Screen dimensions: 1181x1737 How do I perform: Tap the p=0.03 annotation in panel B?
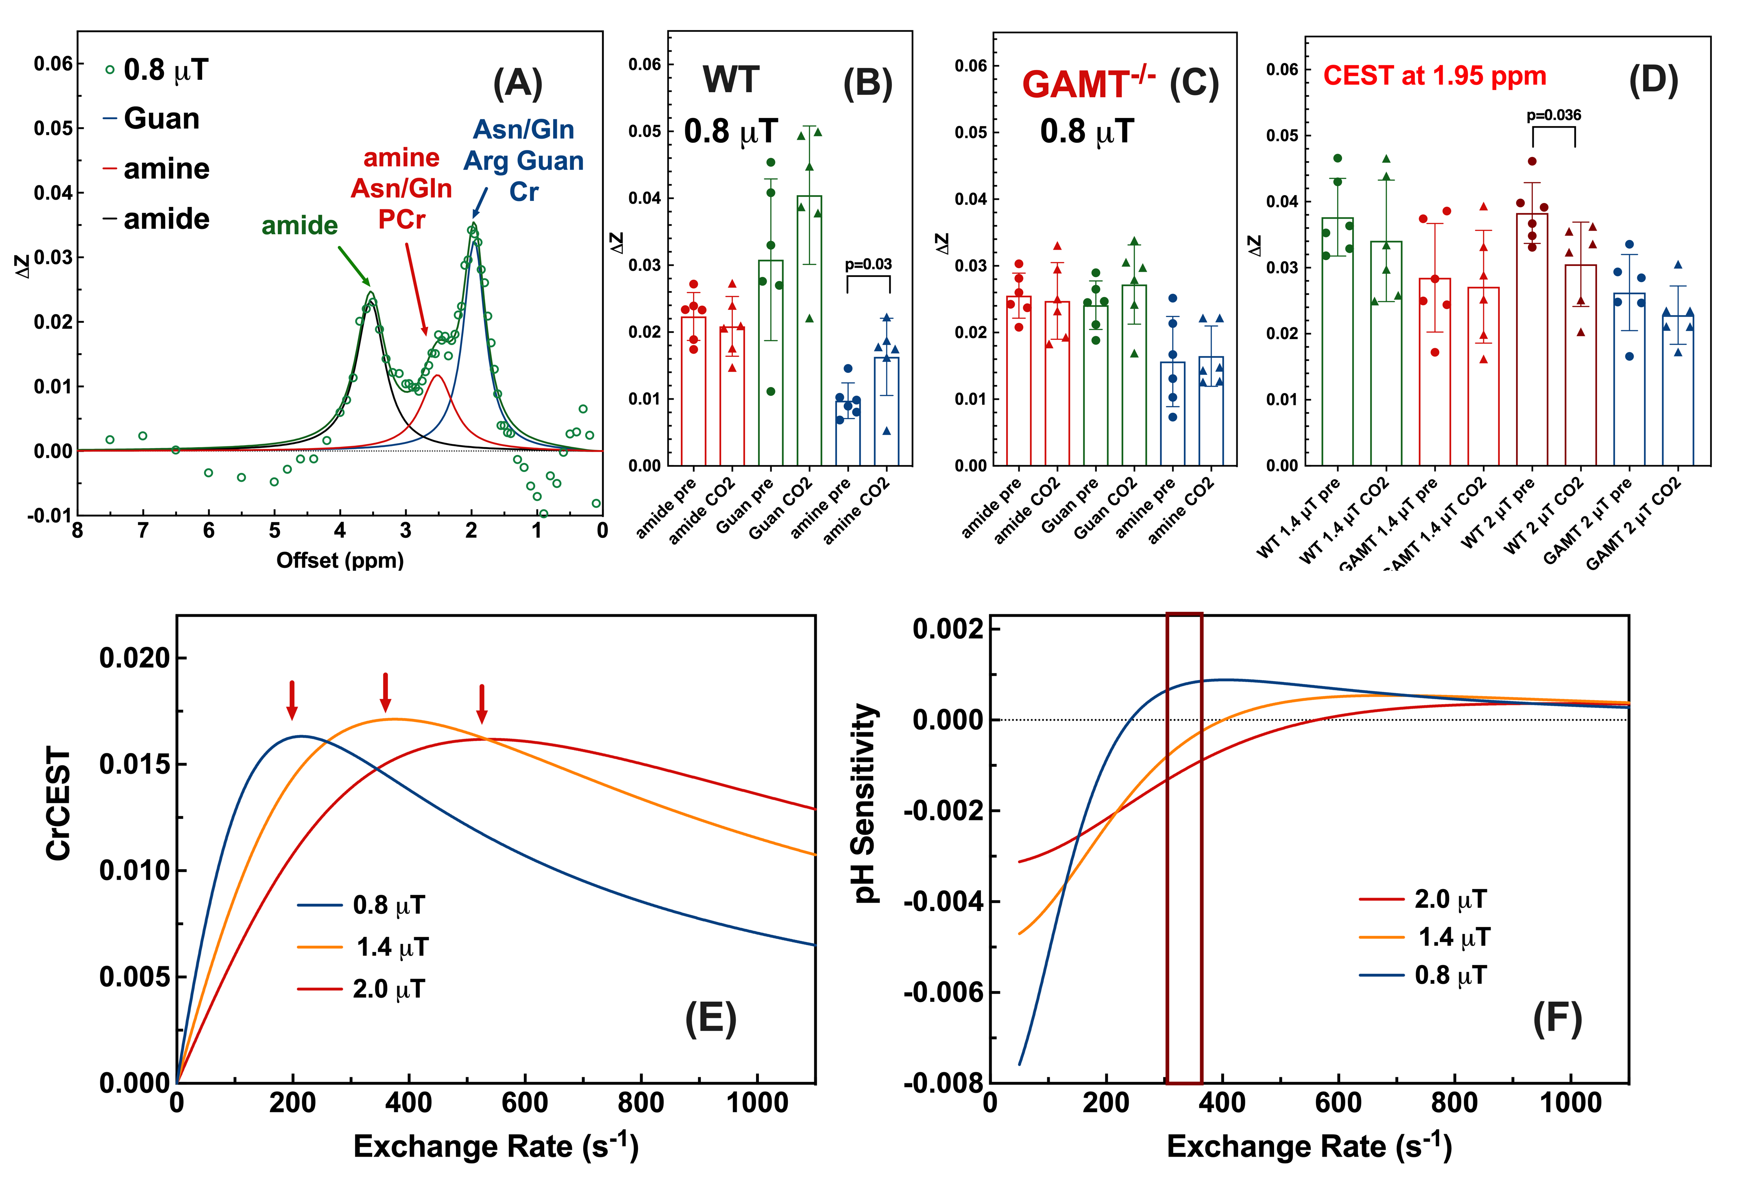tap(868, 264)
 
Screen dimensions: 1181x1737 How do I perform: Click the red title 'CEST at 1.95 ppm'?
tap(1434, 76)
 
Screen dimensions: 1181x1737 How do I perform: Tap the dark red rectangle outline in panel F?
tap(1184, 848)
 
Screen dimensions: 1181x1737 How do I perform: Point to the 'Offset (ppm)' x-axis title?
tap(340, 560)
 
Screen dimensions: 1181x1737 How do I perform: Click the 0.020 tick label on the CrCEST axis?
tap(135, 658)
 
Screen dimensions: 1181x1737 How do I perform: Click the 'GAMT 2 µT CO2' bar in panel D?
tap(1678, 390)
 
